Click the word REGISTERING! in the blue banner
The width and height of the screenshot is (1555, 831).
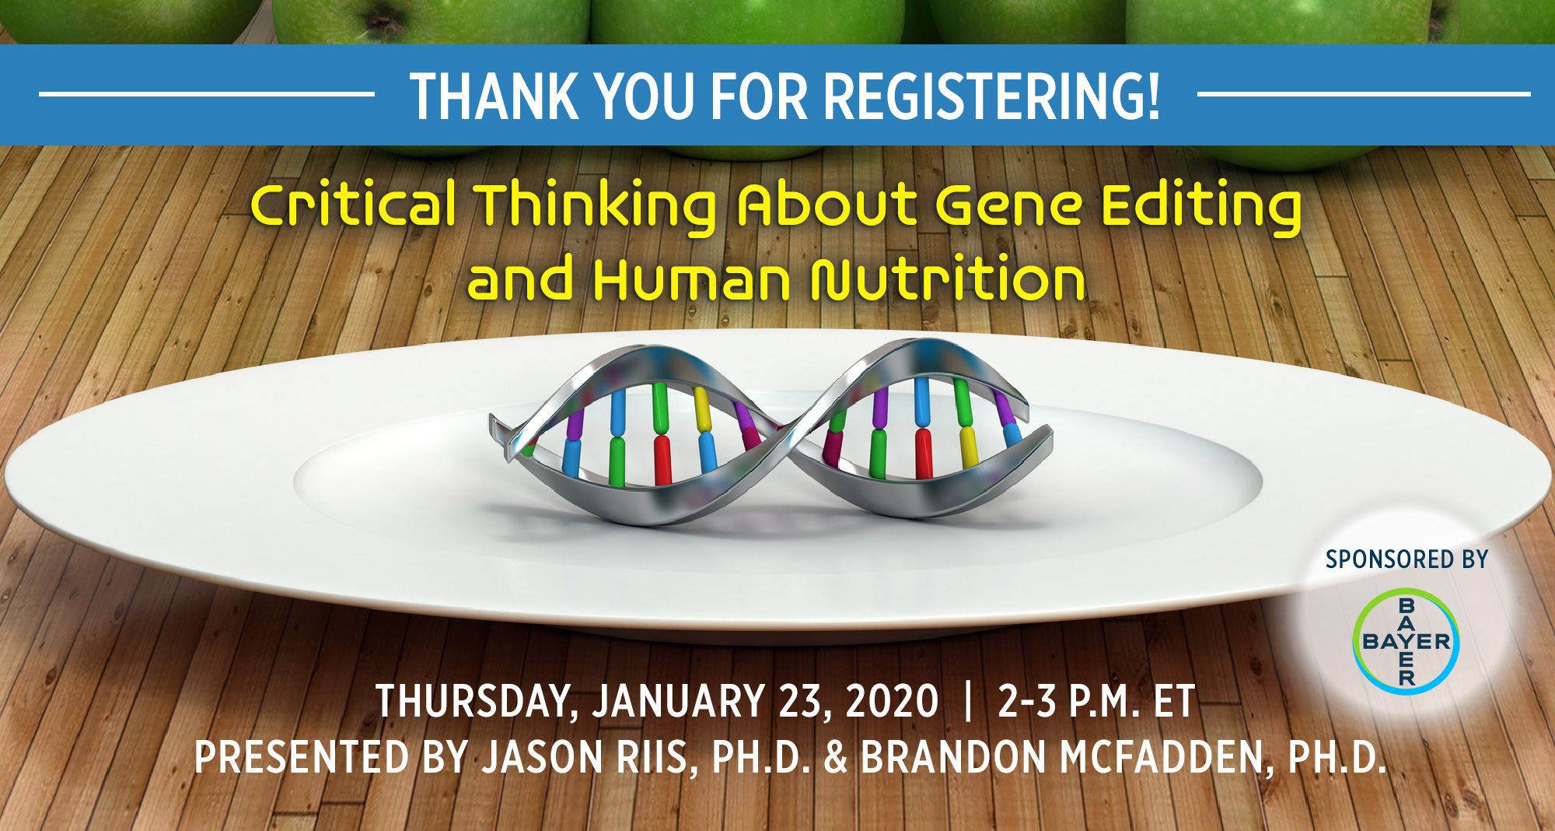(991, 96)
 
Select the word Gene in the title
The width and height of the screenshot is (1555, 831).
(1008, 206)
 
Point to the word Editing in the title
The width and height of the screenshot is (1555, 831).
(1202, 206)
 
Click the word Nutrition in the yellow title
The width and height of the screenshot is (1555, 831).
(948, 278)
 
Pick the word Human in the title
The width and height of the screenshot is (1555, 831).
(691, 279)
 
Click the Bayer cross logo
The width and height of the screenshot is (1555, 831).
(1406, 641)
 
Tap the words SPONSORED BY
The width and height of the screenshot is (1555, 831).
(1406, 559)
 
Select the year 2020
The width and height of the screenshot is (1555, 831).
(892, 701)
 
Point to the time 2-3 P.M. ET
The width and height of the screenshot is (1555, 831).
(1096, 701)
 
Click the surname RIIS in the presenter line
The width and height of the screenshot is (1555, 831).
(655, 758)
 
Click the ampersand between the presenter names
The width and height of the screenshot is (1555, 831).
(836, 758)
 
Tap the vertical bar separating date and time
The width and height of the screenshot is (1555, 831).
(968, 701)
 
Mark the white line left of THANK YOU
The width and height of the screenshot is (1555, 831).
(207, 95)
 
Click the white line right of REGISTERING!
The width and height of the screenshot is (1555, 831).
(1364, 95)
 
